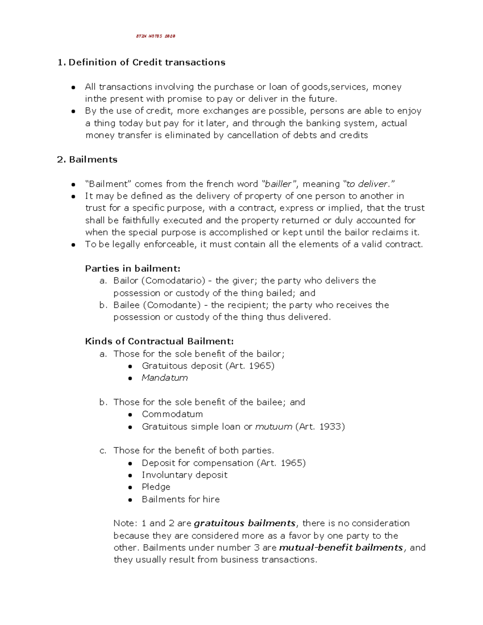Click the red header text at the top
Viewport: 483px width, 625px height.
tap(155, 36)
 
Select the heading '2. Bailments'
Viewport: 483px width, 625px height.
tap(87, 159)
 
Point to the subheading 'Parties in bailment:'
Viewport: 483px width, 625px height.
tap(133, 268)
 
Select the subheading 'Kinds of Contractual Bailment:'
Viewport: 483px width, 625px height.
tap(159, 341)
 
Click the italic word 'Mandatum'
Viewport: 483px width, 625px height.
tap(165, 377)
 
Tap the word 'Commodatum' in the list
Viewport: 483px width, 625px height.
tap(172, 414)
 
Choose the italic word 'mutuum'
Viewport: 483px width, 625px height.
tap(274, 427)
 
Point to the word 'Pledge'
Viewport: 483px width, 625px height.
tap(156, 487)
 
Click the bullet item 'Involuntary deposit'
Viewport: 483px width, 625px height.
tap(184, 475)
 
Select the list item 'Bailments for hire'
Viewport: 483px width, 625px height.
tap(181, 499)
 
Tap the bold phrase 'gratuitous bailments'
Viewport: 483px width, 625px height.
tap(245, 523)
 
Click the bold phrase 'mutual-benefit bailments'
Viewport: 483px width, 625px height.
tap(341, 547)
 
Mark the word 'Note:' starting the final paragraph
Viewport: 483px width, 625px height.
tap(125, 523)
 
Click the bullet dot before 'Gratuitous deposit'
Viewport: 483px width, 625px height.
tap(130, 366)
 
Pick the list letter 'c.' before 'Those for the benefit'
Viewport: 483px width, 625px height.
tap(103, 451)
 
